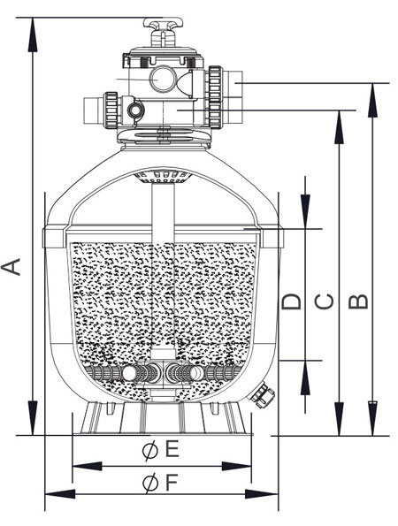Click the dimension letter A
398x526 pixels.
11,267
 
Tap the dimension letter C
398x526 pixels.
325,301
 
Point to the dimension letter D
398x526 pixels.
291,301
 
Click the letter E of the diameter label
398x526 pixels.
172,449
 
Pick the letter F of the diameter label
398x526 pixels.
172,484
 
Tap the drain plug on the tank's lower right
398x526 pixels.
262,395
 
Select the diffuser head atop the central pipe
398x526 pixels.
163,177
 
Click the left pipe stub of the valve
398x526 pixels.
93,111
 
